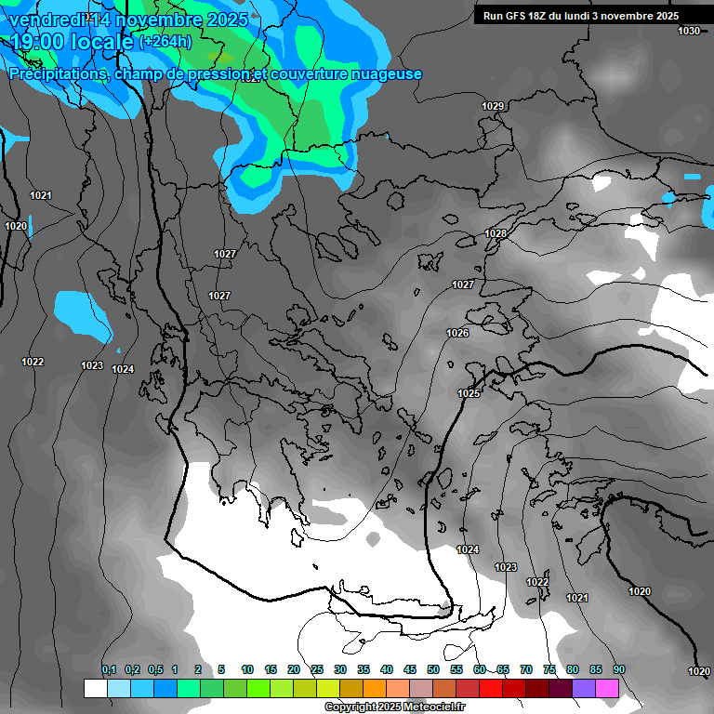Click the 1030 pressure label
(x=689, y=32)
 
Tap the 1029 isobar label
(x=493, y=107)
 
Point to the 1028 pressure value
(x=496, y=234)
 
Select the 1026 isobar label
(x=457, y=333)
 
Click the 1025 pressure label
(x=469, y=394)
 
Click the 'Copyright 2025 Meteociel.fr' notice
(x=394, y=707)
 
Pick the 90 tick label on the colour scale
(x=619, y=670)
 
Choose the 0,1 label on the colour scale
(x=109, y=670)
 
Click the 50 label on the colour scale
(x=433, y=670)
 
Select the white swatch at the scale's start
(x=95, y=689)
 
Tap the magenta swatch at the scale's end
(x=607, y=689)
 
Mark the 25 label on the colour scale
(x=317, y=670)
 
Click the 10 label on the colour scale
(x=247, y=670)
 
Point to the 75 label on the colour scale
(x=549, y=670)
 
